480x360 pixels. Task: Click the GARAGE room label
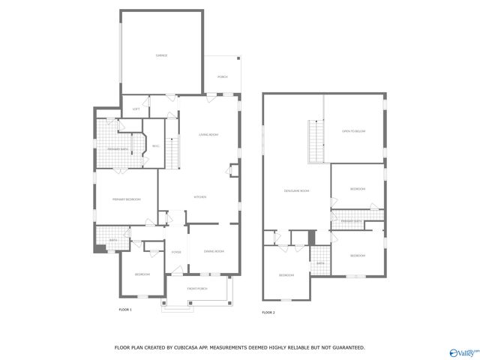[x=161, y=55]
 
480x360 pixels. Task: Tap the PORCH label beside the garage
[x=223, y=77]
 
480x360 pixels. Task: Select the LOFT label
[x=136, y=109]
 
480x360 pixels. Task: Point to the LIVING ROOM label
[x=208, y=134]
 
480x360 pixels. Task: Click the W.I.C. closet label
[x=156, y=145]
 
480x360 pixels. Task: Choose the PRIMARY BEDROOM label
[x=126, y=199]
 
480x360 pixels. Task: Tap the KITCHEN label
[x=200, y=197]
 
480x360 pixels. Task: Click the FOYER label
[x=176, y=252]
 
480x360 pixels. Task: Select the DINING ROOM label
[x=214, y=251]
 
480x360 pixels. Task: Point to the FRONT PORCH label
[x=197, y=289]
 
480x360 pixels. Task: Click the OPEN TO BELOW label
[x=354, y=131]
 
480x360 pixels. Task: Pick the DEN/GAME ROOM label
[x=296, y=191]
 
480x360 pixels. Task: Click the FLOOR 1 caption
[x=125, y=310]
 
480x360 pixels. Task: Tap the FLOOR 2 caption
[x=268, y=312]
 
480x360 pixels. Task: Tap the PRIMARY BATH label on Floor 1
[x=118, y=150]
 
